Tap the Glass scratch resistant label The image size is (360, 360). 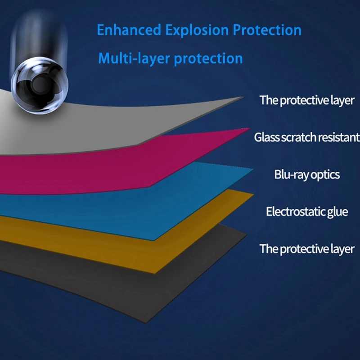point(307,137)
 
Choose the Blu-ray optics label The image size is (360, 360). point(307,175)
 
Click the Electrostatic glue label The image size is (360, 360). point(307,211)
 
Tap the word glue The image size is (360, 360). point(337,212)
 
